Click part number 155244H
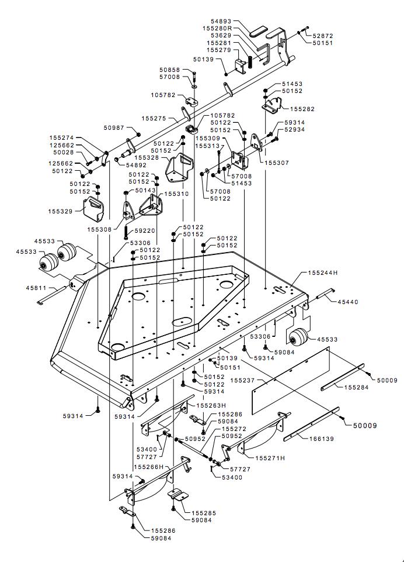click(323, 273)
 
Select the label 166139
click(321, 439)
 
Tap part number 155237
click(243, 380)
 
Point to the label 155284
click(356, 387)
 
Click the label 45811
click(36, 288)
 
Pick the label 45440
click(348, 302)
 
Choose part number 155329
click(60, 211)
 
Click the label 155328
click(147, 157)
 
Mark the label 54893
click(221, 22)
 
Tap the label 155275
click(154, 118)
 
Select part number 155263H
click(211, 405)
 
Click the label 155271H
click(270, 458)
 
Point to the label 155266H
click(148, 467)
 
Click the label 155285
click(204, 513)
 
